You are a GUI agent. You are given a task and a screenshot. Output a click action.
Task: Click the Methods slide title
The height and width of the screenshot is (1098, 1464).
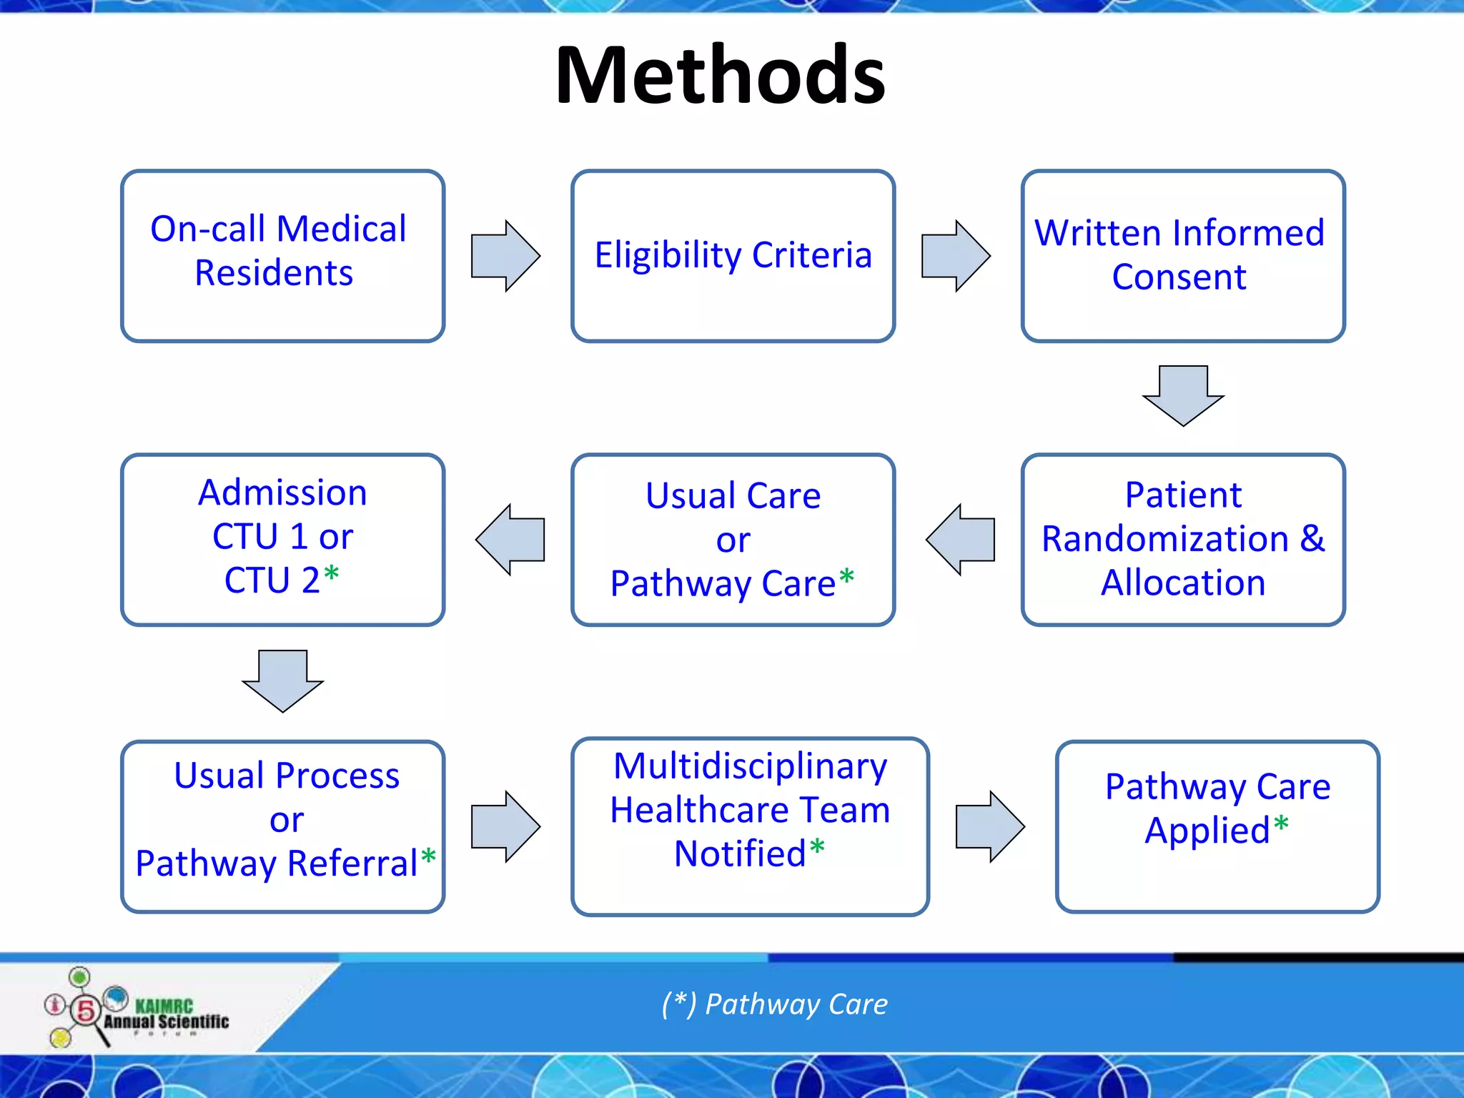point(720,75)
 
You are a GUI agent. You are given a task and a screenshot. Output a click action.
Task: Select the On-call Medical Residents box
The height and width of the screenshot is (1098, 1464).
point(282,255)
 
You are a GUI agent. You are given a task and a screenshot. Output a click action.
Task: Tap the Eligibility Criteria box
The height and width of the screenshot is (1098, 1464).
point(733,255)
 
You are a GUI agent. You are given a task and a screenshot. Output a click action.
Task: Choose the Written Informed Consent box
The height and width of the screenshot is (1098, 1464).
point(1182,255)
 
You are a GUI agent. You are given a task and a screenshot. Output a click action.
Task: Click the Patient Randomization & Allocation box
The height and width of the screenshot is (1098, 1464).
point(1182,539)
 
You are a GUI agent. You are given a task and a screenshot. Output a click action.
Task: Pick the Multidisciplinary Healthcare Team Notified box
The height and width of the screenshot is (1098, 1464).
point(750,826)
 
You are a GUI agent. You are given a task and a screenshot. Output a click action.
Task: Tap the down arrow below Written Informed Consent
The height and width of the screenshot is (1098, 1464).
point(1183,395)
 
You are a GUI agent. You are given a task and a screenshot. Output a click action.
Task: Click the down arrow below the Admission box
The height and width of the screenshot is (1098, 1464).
point(282,680)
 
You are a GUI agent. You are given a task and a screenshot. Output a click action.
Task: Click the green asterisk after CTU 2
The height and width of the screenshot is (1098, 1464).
point(331,574)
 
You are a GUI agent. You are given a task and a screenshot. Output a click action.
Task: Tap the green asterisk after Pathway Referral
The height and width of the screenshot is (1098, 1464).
point(428,856)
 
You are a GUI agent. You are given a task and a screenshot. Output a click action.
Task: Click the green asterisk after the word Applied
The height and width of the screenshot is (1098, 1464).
point(1281,824)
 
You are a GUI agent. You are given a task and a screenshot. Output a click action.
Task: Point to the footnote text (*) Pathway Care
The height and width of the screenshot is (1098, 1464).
point(774,1004)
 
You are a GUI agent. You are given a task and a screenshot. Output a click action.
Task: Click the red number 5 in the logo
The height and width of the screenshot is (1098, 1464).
point(86,1010)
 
